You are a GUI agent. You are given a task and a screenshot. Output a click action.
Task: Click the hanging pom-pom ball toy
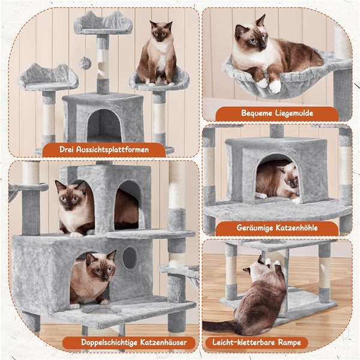pyautogui.click(x=85, y=64)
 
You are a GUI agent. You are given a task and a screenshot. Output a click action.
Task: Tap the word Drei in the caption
pyautogui.click(x=67, y=149)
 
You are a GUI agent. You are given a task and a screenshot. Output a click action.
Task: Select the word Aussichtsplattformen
pyautogui.click(x=113, y=149)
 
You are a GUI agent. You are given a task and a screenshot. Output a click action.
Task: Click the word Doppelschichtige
pyautogui.click(x=109, y=343)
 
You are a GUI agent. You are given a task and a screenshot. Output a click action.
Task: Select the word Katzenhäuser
pyautogui.click(x=163, y=343)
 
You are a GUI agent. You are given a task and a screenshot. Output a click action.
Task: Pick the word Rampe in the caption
pyautogui.click(x=289, y=343)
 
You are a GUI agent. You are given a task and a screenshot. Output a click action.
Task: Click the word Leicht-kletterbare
pyautogui.click(x=244, y=343)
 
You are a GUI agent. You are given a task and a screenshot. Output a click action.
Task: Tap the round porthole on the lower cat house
pyautogui.click(x=130, y=258)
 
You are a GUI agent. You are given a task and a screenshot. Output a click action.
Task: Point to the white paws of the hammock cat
pyautogui.click(x=269, y=84)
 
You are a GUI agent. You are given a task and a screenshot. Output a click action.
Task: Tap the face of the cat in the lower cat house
pyautogui.click(x=102, y=266)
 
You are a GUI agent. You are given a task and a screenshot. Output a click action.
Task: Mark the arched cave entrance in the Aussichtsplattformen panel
pyautogui.click(x=104, y=125)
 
